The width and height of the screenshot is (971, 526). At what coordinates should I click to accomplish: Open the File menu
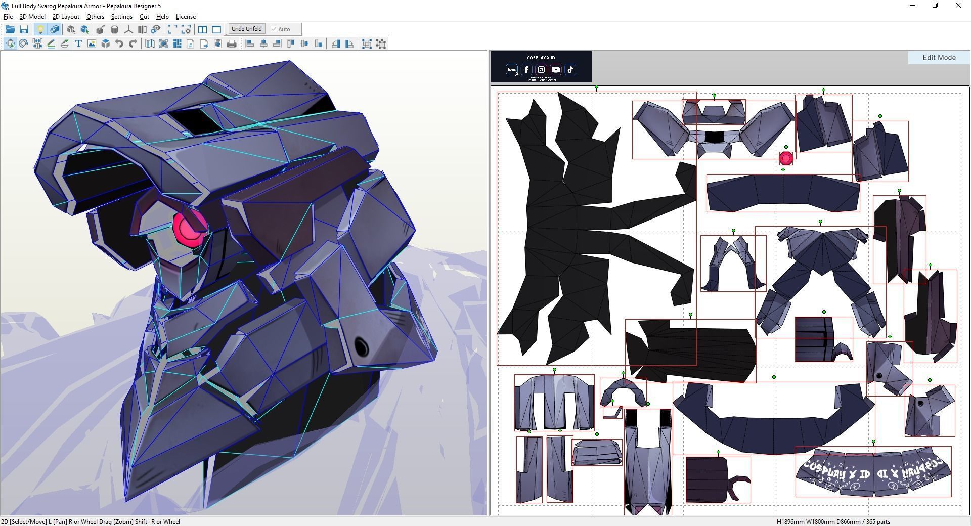[8, 17]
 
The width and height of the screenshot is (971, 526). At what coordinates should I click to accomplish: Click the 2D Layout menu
[66, 17]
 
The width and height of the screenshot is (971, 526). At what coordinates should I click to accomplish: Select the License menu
[186, 17]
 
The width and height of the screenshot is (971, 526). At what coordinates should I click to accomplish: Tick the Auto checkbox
[274, 29]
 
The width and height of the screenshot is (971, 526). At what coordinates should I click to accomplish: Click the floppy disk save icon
[24, 29]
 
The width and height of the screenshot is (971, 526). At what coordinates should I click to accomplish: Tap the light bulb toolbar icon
[40, 29]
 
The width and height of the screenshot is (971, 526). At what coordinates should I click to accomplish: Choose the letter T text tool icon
[78, 44]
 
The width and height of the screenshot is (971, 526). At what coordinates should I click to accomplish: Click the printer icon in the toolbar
[232, 44]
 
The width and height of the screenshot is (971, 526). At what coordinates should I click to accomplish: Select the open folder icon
[10, 29]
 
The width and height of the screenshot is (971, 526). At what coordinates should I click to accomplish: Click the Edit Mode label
[939, 58]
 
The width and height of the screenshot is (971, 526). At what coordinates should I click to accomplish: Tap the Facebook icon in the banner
[526, 70]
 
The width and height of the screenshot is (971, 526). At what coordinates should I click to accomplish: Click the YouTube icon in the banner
[556, 70]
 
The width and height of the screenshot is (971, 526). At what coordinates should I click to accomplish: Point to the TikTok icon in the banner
[570, 70]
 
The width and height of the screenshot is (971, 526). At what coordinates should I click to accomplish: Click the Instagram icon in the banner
[541, 70]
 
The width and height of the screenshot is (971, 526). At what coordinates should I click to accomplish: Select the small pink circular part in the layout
[786, 158]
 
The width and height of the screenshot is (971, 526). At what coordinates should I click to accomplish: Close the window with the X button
[958, 6]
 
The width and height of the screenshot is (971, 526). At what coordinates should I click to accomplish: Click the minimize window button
[912, 6]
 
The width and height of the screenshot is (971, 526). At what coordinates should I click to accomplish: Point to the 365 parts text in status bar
[877, 522]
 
